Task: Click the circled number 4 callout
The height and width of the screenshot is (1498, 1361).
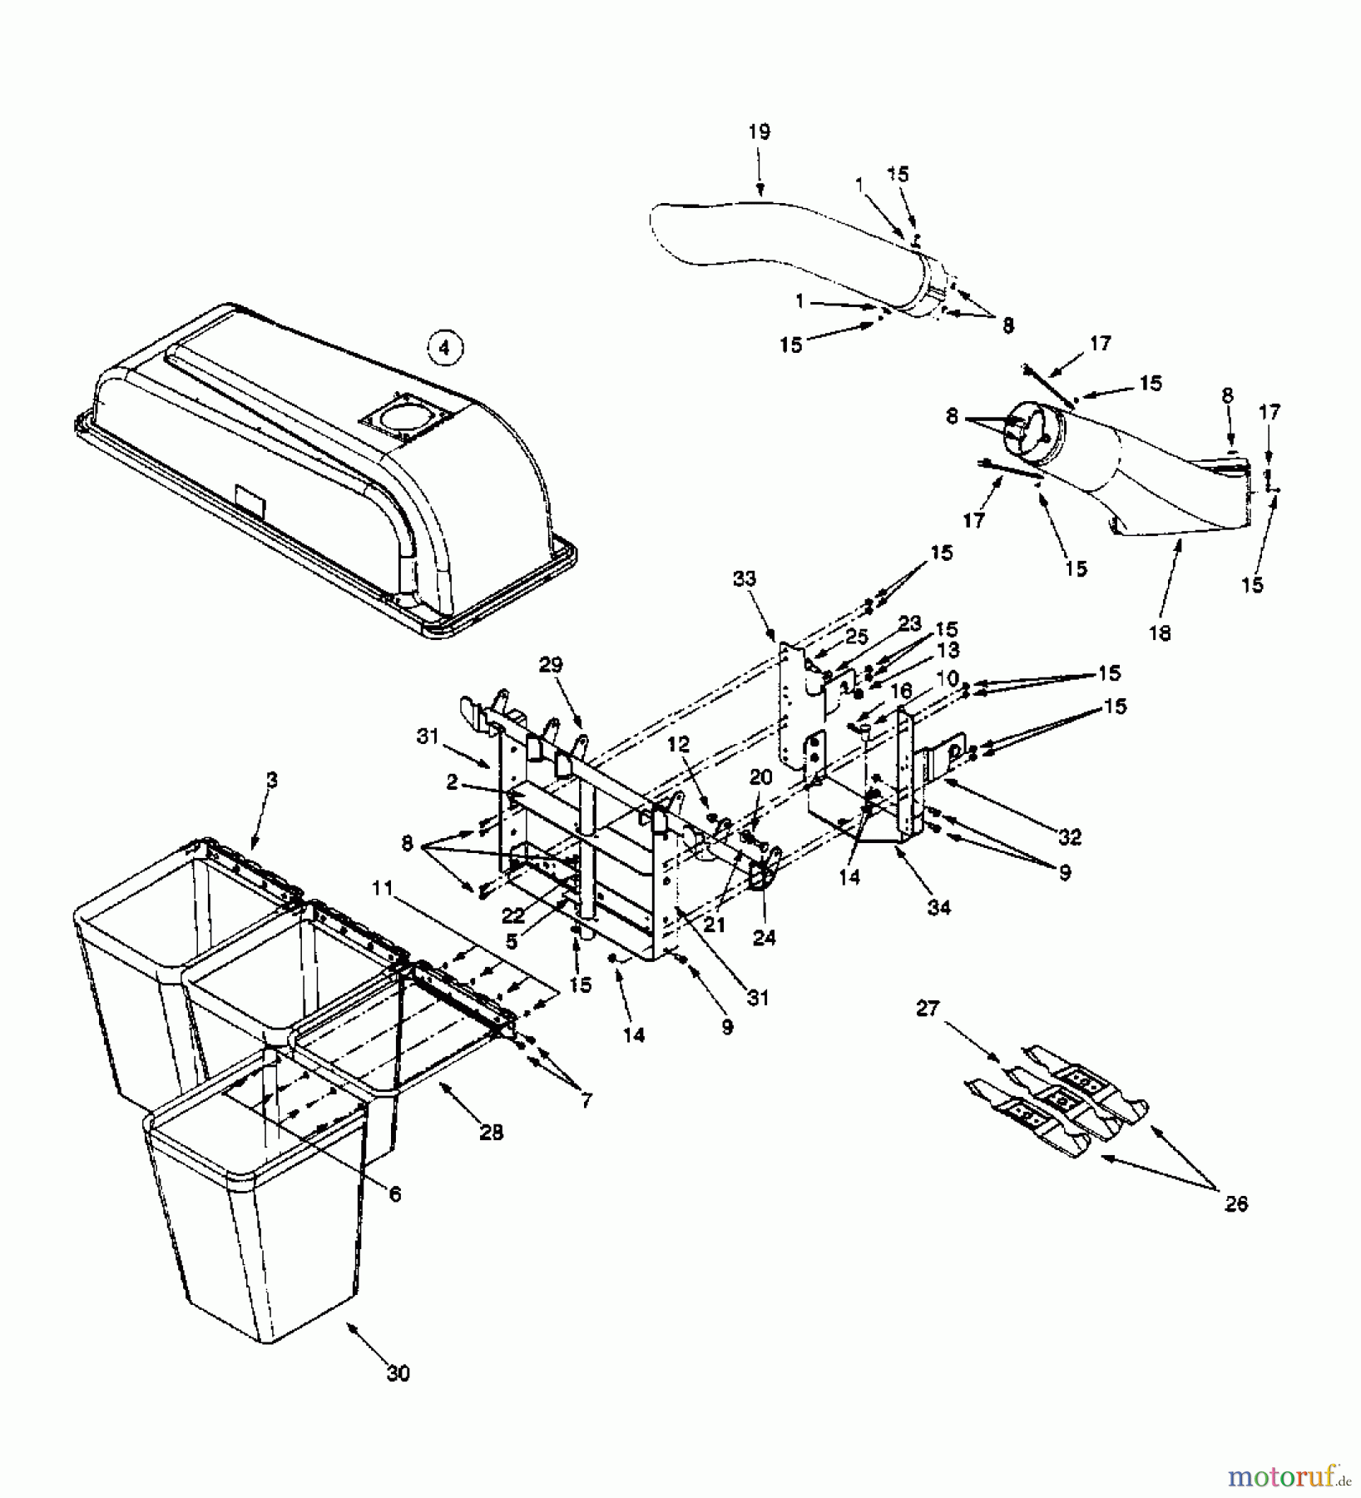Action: pyautogui.click(x=444, y=347)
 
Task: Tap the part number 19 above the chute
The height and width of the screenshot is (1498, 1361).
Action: pyautogui.click(x=759, y=131)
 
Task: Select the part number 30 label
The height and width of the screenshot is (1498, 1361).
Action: pyautogui.click(x=398, y=1373)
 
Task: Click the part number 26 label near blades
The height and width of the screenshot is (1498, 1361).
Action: pyautogui.click(x=1236, y=1203)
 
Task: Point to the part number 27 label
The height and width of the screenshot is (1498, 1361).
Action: pyautogui.click(x=928, y=1009)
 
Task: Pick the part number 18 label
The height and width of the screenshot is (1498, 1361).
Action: pyautogui.click(x=1159, y=632)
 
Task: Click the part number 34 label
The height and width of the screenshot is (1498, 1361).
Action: pyautogui.click(x=938, y=906)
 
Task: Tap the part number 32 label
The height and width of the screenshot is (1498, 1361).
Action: pyautogui.click(x=1069, y=837)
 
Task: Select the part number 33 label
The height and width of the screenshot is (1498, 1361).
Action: pyautogui.click(x=745, y=578)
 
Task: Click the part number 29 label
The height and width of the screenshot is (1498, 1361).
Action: pyautogui.click(x=550, y=664)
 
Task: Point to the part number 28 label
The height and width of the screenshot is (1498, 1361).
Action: pyautogui.click(x=491, y=1133)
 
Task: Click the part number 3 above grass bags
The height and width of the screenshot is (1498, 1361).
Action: pyautogui.click(x=271, y=780)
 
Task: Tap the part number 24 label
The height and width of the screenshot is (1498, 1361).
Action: pyautogui.click(x=764, y=938)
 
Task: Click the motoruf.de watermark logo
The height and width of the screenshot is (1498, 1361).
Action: pyautogui.click(x=1285, y=1476)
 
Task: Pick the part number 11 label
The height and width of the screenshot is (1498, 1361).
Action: pyautogui.click(x=382, y=888)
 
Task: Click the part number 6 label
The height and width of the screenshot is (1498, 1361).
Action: pyautogui.click(x=394, y=1194)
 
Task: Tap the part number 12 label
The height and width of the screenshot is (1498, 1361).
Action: pyautogui.click(x=679, y=745)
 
